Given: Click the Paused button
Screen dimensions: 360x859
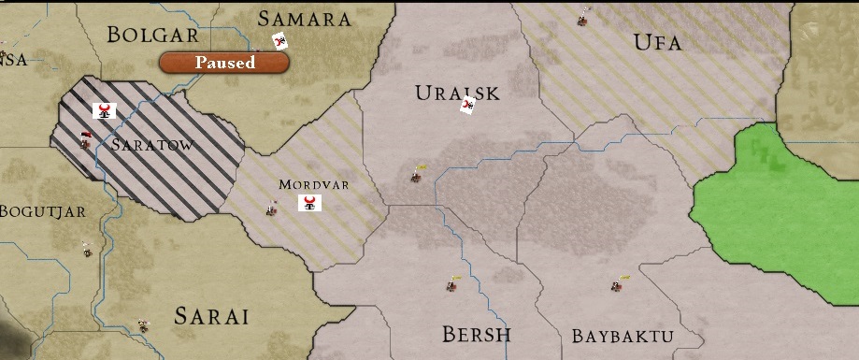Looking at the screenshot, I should (224, 63).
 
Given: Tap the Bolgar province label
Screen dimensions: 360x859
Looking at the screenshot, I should (153, 35).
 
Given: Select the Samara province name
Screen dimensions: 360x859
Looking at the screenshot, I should (305, 19).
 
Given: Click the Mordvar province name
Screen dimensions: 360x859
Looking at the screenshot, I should (313, 184).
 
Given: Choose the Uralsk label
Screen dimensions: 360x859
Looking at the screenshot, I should (457, 93).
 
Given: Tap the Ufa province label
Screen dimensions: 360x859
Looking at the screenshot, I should (657, 42).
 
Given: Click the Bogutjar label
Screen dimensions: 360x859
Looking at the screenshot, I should (43, 211).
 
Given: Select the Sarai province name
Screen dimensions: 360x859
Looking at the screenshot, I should (211, 316).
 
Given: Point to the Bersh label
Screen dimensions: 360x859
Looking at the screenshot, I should (477, 334).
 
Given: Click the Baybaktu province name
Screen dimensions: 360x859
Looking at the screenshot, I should (623, 336).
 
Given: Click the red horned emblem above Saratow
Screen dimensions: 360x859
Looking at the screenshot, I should (105, 111).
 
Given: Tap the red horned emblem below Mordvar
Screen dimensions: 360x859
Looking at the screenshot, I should (310, 203).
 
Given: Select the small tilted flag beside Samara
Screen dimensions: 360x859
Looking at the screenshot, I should (279, 40).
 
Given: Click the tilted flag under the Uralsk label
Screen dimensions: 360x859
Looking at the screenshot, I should (468, 105).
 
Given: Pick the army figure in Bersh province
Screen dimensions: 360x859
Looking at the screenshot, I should (451, 284).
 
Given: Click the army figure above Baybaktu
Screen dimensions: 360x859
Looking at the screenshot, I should (618, 283).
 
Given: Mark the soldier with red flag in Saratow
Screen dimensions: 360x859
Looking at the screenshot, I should (85, 141).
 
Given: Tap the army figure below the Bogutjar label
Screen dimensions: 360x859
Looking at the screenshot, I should (87, 250).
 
